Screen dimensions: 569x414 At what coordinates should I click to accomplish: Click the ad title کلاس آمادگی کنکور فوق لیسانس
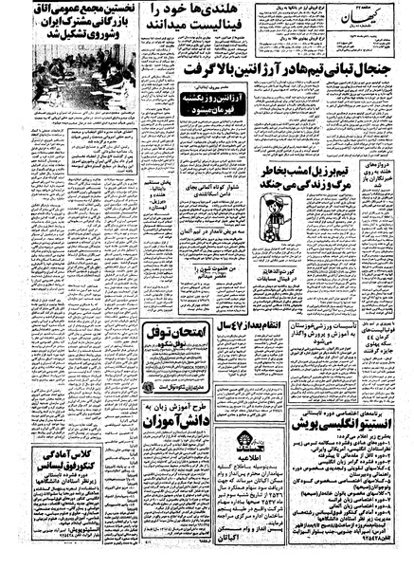click(47, 455)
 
